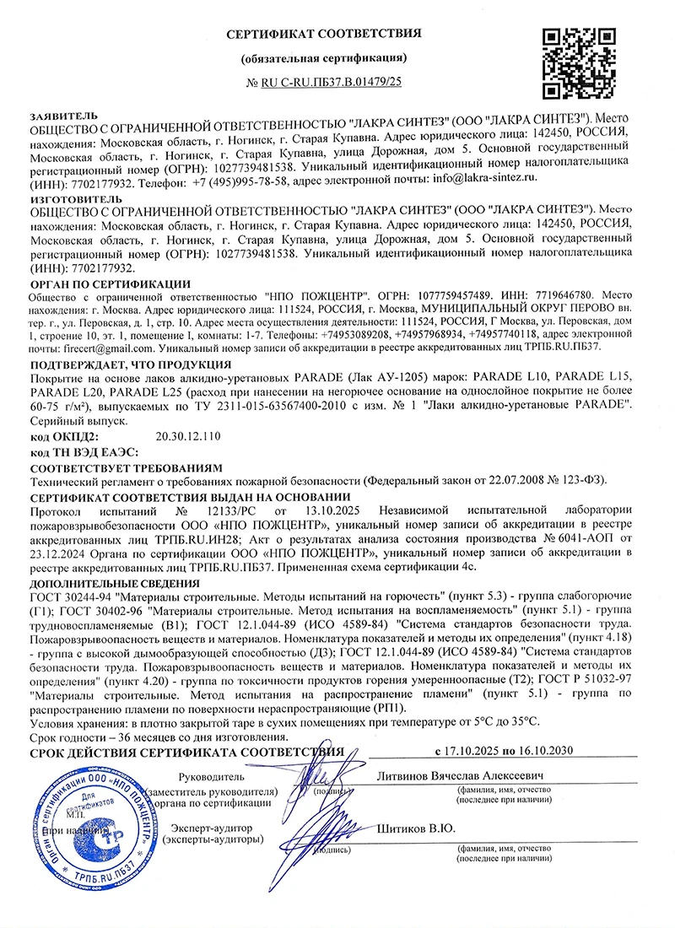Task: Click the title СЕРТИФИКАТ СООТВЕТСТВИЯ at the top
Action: (324, 33)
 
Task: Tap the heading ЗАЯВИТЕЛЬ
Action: (63, 115)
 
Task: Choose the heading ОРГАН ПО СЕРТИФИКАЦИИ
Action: (110, 283)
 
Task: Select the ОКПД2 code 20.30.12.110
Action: (188, 436)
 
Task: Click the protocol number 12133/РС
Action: (221, 510)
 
